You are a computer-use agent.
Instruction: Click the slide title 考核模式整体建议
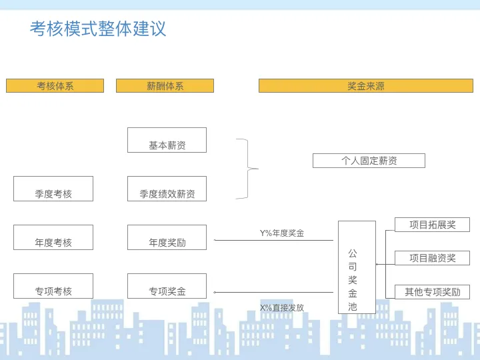(x=98, y=29)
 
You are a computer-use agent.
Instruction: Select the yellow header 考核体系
(x=55, y=86)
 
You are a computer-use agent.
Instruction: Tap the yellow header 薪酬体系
(x=165, y=86)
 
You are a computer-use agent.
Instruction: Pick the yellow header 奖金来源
(x=365, y=86)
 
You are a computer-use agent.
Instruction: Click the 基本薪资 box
(x=167, y=140)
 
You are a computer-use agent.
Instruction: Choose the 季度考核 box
(x=53, y=189)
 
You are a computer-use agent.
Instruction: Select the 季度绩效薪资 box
(x=167, y=189)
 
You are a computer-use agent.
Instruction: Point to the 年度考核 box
(x=53, y=237)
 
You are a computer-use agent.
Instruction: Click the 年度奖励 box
(x=167, y=237)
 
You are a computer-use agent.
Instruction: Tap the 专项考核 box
(x=53, y=286)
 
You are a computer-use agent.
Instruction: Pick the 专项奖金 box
(x=167, y=286)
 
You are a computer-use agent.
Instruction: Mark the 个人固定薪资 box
(x=369, y=161)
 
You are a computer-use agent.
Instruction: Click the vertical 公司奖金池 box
(x=357, y=267)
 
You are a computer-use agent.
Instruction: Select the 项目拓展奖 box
(x=432, y=225)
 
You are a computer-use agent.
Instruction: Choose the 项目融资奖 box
(x=432, y=258)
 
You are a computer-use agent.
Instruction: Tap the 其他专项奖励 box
(x=432, y=292)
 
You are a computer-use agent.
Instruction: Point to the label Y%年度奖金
(x=282, y=233)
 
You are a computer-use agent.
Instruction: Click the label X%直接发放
(x=282, y=308)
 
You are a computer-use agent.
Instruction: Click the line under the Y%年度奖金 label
(x=273, y=240)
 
